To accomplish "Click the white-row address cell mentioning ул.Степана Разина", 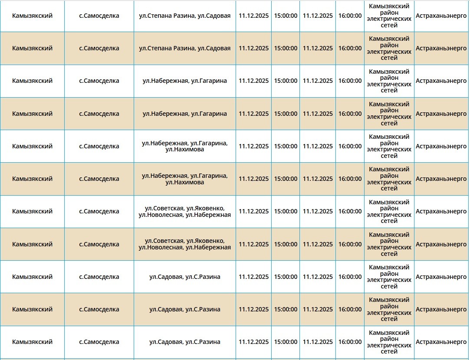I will [x=184, y=16].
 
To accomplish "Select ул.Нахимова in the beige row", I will [x=184, y=183].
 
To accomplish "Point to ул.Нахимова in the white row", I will [x=184, y=150].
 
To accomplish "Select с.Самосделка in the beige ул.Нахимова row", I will [x=99, y=179].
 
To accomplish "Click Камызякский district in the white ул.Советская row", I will [x=32, y=211].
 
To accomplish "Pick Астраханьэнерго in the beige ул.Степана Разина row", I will [x=441, y=48].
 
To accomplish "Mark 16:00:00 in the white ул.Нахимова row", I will [x=350, y=146].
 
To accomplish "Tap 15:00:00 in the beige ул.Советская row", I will [x=286, y=244].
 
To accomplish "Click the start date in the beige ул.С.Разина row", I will [x=253, y=309].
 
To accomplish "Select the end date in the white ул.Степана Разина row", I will [x=318, y=16].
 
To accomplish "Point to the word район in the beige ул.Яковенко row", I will [x=389, y=241].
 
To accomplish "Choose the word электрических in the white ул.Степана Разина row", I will [x=389, y=19].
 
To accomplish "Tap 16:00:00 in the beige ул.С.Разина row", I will [x=350, y=309].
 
